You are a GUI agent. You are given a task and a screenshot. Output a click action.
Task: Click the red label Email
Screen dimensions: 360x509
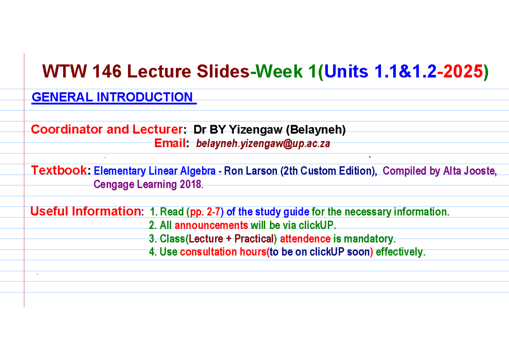(x=170, y=144)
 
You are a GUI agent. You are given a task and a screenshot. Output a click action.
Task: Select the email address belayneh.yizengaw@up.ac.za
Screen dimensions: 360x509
(x=263, y=144)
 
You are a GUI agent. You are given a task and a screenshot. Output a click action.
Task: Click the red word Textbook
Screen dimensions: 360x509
(x=59, y=171)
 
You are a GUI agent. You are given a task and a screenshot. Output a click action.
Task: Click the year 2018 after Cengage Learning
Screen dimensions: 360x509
(x=191, y=185)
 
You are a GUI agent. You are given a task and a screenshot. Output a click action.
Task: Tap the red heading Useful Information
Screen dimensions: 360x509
(x=85, y=211)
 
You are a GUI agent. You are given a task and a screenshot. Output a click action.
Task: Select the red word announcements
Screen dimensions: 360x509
(x=211, y=225)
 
